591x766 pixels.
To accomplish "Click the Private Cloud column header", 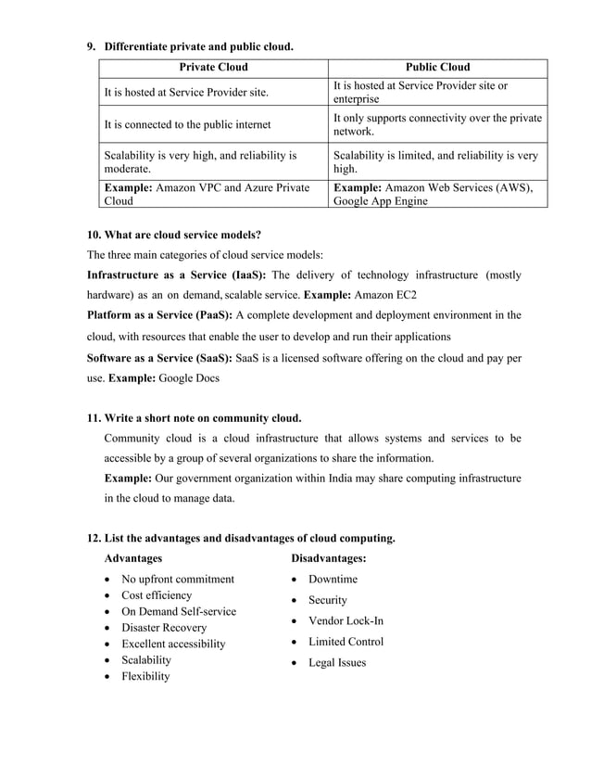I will click(213, 67).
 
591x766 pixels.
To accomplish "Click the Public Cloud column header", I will click(437, 67).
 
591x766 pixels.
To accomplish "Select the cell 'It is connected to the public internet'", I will click(187, 124).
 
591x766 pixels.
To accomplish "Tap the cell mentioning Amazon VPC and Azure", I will click(207, 194).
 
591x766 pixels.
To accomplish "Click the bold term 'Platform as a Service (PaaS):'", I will click(159, 315).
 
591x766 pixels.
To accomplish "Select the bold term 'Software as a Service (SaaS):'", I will click(160, 357).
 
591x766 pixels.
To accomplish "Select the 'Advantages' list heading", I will click(133, 558).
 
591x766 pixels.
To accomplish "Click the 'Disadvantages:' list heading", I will click(328, 558).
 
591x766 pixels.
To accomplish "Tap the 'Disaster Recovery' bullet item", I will click(164, 628).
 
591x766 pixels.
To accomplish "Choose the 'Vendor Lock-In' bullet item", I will click(346, 620).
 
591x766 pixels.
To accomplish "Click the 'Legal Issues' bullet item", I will click(337, 662).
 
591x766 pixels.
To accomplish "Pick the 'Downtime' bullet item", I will click(333, 580).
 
